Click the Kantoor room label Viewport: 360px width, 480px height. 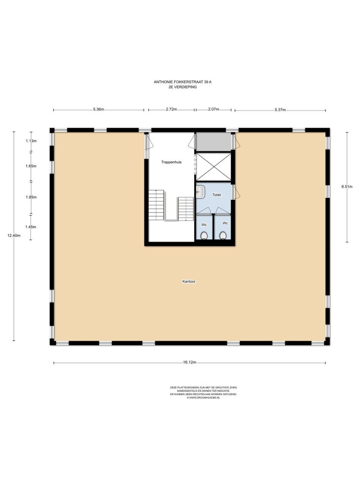tap(189, 281)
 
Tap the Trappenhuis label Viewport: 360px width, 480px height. tap(172, 162)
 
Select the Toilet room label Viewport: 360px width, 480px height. tap(216, 195)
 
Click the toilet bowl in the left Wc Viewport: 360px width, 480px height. tap(204, 235)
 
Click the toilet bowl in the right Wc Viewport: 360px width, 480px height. tap(223, 235)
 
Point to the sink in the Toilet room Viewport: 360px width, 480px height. tap(200, 192)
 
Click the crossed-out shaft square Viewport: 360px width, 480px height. tap(214, 167)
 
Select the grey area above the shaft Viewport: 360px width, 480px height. tap(214, 142)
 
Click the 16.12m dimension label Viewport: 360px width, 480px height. tap(189, 362)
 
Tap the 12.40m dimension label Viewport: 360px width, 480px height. tap(14, 235)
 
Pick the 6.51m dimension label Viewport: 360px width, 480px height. tap(347, 186)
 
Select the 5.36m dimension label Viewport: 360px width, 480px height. tap(99, 110)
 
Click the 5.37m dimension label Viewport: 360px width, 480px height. tap(280, 110)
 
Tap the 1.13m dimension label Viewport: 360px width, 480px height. tap(31, 141)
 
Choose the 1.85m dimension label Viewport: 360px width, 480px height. tap(31, 197)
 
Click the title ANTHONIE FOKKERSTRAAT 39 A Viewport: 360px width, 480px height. tap(182, 82)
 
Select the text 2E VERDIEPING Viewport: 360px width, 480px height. tap(182, 87)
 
